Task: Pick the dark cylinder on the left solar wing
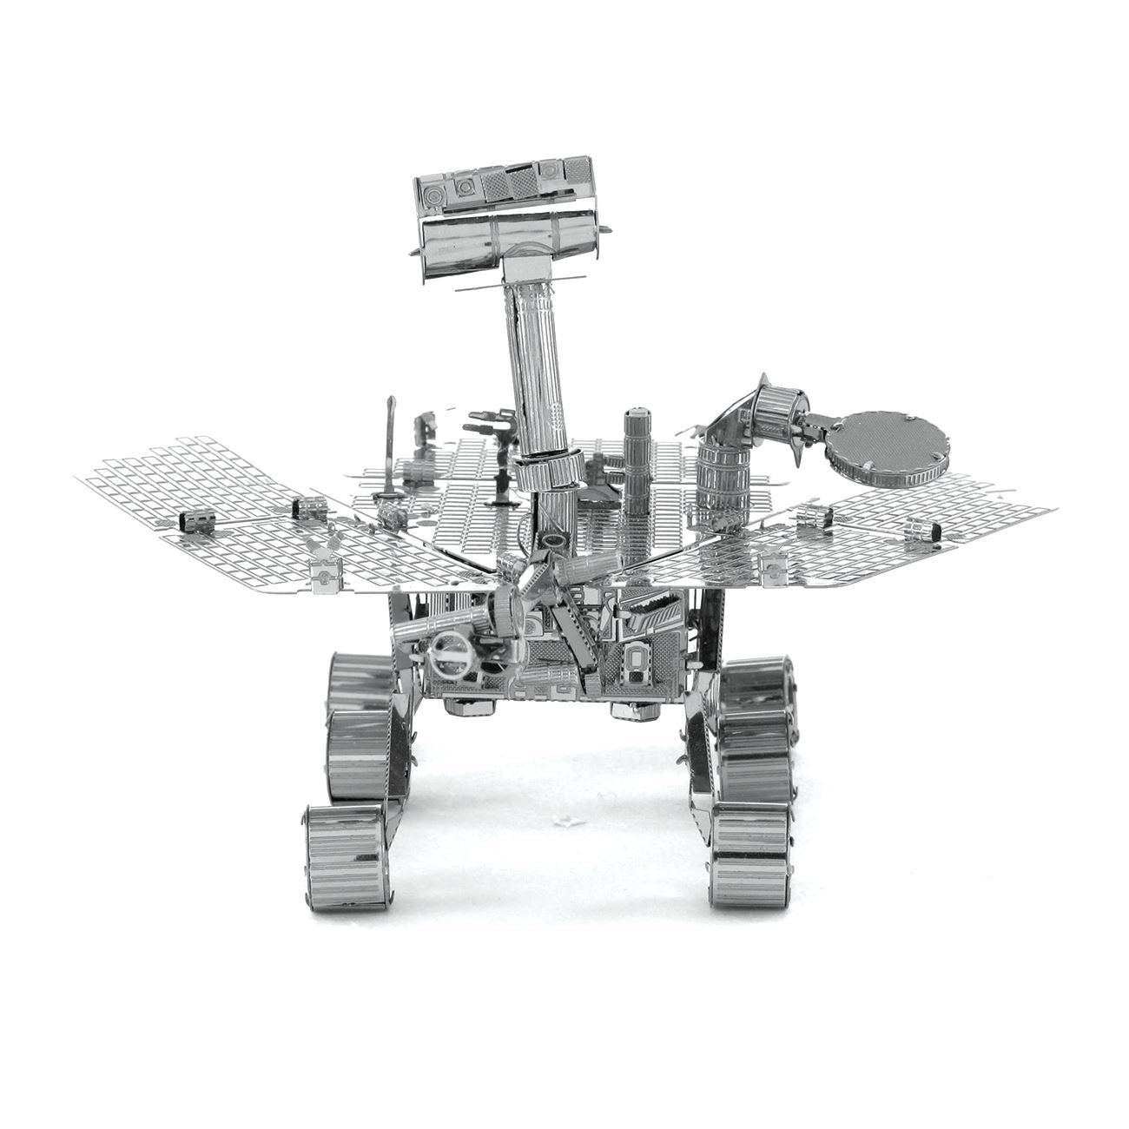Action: tap(196, 520)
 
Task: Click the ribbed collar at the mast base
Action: tap(548, 474)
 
